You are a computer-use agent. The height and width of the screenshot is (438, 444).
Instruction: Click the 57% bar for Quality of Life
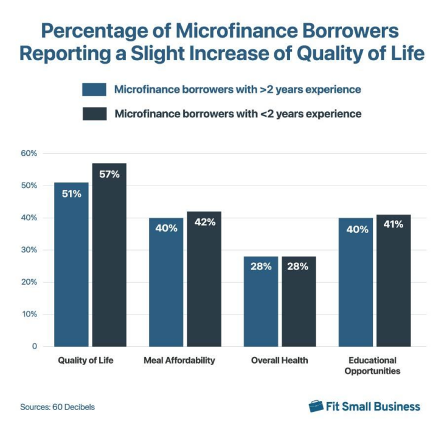109,262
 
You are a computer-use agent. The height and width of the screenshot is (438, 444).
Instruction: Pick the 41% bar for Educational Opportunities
394,286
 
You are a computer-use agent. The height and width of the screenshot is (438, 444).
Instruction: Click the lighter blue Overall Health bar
260,304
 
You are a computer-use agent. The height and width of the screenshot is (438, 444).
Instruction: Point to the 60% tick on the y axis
29,153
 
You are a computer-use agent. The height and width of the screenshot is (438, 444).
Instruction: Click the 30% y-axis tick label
29,250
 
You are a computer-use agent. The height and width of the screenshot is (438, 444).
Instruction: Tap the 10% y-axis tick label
29,315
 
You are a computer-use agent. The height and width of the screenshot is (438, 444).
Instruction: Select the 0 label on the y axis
34,347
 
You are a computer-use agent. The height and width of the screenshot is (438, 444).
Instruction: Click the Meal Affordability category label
179,361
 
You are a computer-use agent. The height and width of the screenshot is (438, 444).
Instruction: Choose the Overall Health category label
280,361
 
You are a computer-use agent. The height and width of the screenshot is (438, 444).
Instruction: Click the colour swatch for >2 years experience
94,89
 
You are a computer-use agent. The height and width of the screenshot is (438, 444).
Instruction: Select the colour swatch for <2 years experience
94,114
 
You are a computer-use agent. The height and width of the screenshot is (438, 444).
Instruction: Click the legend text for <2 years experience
238,114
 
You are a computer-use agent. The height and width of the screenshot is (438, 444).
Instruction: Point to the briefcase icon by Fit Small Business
316,406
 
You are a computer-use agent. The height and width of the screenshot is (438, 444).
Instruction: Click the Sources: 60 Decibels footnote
58,407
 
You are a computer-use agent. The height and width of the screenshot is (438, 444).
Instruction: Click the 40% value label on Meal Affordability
166,229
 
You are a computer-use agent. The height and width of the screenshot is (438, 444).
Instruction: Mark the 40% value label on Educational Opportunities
356,229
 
